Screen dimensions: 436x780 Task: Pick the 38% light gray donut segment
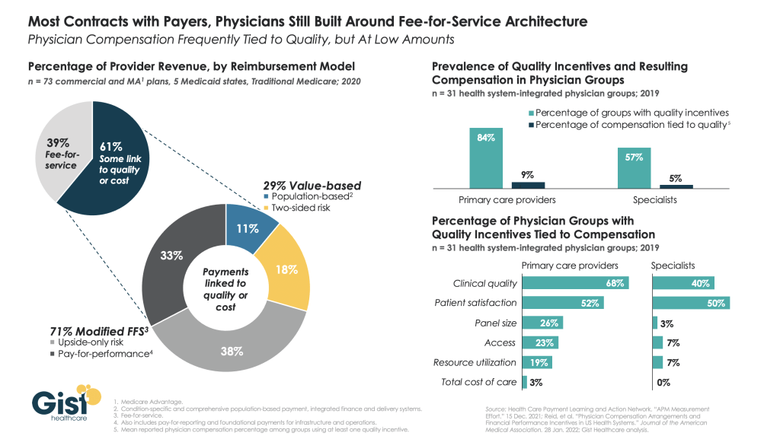click(233, 346)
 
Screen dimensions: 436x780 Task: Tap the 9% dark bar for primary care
click(528, 185)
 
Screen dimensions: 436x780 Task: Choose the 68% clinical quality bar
click(575, 283)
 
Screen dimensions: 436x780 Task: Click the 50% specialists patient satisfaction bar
click(691, 303)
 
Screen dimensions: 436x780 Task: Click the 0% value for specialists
click(663, 382)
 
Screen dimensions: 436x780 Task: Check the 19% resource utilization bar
click(537, 362)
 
